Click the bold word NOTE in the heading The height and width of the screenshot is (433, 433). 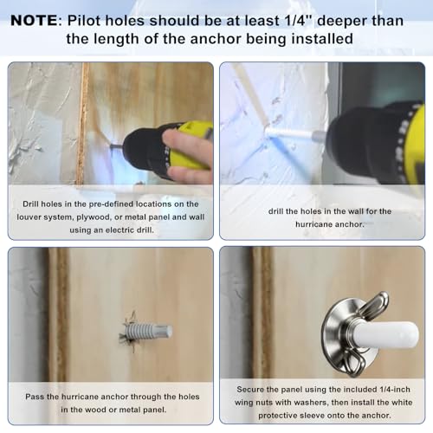35,21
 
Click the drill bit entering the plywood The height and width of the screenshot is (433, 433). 116,146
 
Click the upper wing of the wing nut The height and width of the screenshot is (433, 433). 374,306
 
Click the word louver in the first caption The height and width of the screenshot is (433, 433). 28,217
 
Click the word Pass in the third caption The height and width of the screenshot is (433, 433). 35,397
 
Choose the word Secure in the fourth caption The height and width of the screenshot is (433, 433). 249,390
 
